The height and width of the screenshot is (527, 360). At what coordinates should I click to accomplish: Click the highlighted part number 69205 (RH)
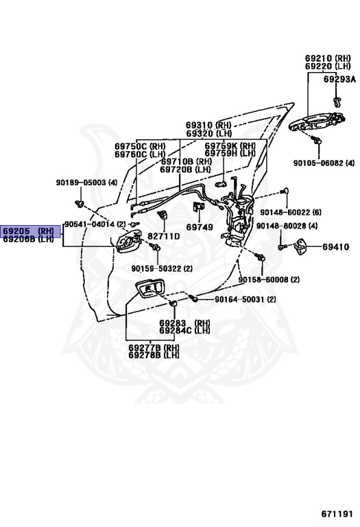29,231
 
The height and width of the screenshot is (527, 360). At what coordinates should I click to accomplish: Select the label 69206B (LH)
29,239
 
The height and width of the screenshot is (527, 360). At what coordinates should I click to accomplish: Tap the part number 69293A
339,80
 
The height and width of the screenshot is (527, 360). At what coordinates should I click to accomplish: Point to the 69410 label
336,247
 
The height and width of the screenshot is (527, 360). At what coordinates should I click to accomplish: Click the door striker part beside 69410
302,246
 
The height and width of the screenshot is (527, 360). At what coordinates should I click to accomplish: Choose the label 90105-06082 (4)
324,163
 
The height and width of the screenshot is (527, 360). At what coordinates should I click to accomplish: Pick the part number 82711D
164,236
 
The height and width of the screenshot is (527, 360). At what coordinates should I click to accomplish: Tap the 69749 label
200,227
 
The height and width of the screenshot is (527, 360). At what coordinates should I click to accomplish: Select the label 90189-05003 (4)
86,183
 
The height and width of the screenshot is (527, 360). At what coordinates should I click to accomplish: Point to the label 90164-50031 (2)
245,299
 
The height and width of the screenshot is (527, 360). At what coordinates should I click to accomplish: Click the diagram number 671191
337,514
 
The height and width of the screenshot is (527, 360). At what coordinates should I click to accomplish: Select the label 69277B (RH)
154,347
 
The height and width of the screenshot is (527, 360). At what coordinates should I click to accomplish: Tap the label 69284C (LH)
184,331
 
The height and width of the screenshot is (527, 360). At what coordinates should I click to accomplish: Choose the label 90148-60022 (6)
291,212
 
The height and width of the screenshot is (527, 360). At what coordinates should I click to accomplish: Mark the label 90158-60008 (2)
269,279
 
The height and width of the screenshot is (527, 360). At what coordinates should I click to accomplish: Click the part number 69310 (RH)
209,126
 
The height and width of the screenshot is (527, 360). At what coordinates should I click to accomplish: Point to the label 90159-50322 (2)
162,268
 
